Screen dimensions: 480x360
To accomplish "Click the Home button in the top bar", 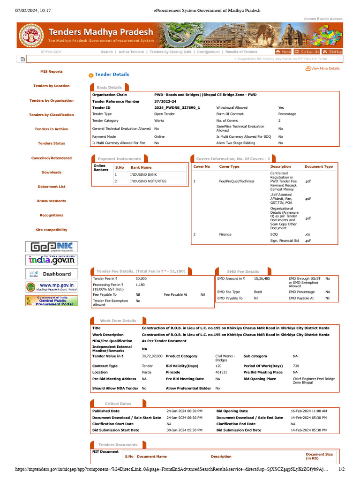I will click(284, 52).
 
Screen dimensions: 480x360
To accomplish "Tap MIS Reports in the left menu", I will click(52, 72).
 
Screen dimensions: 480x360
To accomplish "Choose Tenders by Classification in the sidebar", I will click(52, 115).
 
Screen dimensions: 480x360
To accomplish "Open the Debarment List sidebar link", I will click(52, 187).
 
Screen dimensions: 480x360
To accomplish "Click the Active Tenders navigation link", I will click(131, 52).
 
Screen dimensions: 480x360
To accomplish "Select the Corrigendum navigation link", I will click(208, 52).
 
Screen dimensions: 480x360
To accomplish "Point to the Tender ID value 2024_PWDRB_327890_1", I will click(177, 108).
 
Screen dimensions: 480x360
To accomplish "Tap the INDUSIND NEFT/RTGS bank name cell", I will click(148, 181).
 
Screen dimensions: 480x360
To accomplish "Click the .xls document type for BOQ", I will click(307, 234).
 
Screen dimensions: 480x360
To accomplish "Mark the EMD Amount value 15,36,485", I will click(262, 278).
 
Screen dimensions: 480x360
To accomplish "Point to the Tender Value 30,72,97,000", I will click(152, 356).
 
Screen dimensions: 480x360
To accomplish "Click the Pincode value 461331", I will click(221, 372).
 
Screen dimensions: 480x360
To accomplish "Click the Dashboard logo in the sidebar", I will click(52, 274).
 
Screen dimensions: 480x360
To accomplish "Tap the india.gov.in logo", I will click(52, 260).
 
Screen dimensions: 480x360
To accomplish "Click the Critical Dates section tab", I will click(118, 404).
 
